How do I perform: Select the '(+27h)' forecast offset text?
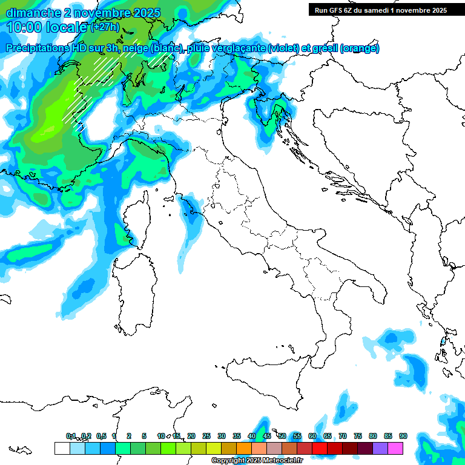click(x=104, y=27)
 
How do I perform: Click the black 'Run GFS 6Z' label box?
click(x=380, y=10)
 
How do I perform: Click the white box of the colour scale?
click(x=62, y=448)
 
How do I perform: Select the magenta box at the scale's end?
click(x=395, y=448)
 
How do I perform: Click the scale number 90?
click(x=403, y=436)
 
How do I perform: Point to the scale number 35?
click(x=237, y=436)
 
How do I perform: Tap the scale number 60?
click(x=312, y=436)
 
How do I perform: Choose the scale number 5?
click(x=144, y=436)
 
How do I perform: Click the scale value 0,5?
click(x=101, y=436)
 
